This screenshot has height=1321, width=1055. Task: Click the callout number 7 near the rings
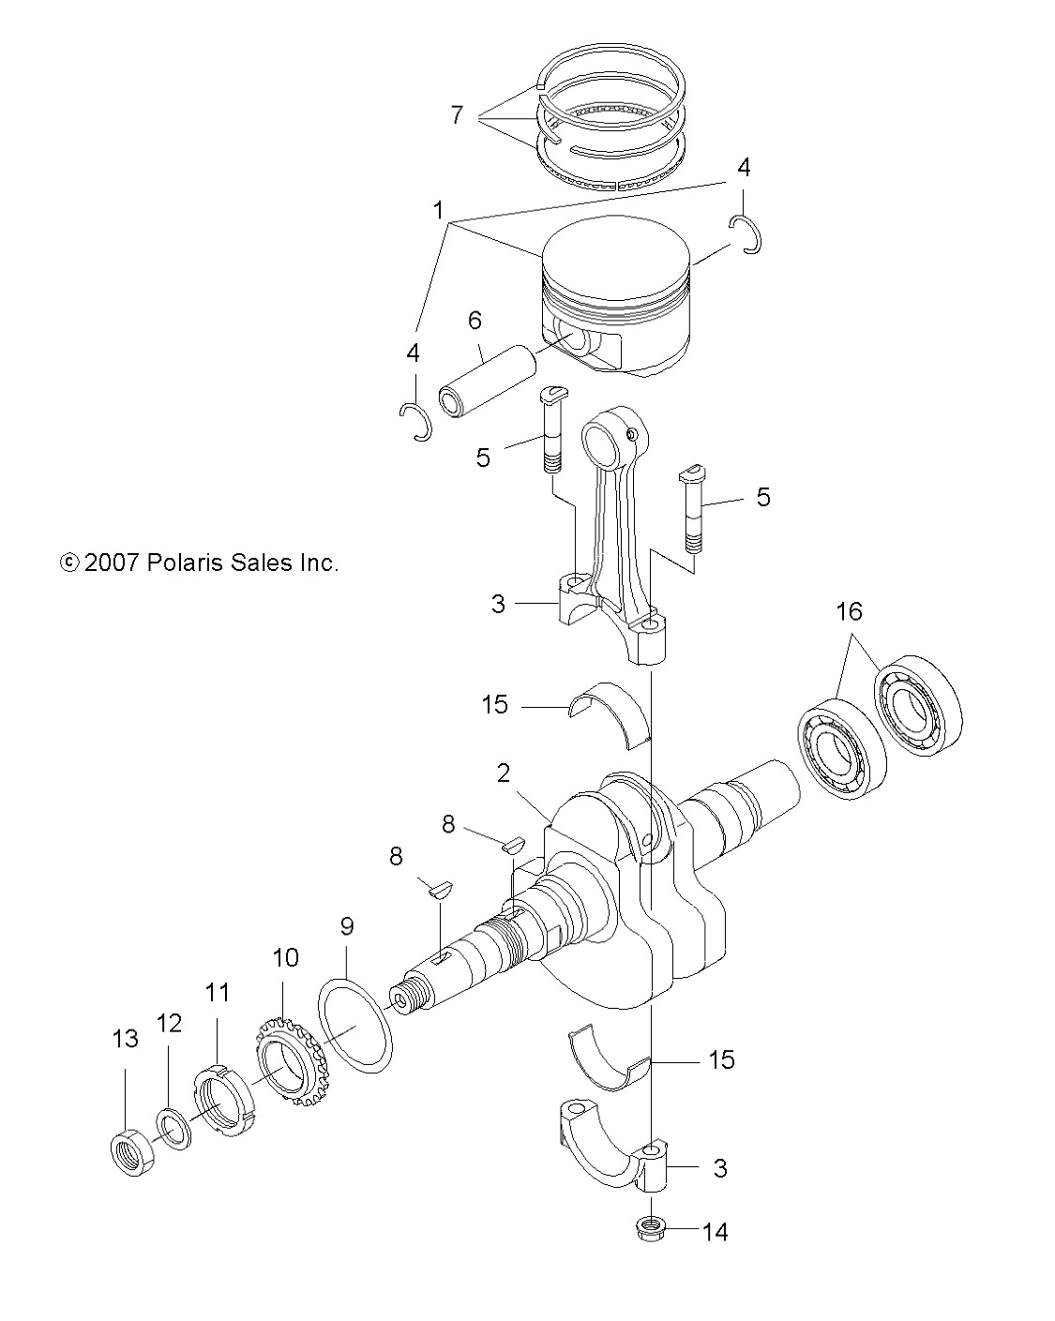pos(457,115)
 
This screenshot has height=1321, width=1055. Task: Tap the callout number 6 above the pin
pos(475,321)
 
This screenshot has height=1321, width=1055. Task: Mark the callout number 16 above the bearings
pos(848,612)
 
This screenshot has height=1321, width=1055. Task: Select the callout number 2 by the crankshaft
pos(504,773)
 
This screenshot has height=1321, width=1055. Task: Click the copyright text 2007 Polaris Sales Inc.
pos(199,563)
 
